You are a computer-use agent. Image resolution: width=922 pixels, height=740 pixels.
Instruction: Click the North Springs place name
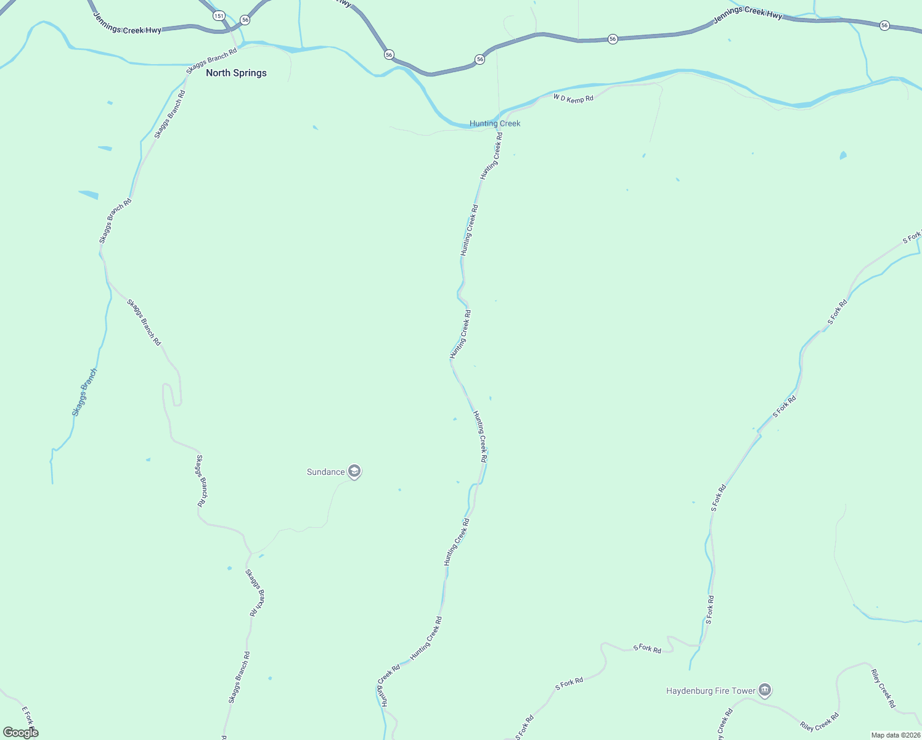(x=236, y=73)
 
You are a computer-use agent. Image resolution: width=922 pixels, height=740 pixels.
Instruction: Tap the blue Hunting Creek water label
(x=495, y=123)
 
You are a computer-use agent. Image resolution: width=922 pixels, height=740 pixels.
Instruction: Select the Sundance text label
(x=326, y=472)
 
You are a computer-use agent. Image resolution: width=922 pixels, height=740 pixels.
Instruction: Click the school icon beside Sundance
(x=354, y=472)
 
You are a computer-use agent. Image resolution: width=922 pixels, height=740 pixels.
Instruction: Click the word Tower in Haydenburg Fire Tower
(x=743, y=691)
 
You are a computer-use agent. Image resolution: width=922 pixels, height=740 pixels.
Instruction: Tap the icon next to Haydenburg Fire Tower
(x=765, y=690)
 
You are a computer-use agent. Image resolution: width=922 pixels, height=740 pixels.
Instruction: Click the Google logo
(x=21, y=733)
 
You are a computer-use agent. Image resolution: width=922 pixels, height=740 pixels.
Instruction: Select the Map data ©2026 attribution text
(x=894, y=735)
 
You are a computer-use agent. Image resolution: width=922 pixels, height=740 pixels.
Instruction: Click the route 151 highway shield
(x=219, y=15)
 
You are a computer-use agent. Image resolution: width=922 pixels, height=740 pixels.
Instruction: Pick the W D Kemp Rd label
(x=573, y=98)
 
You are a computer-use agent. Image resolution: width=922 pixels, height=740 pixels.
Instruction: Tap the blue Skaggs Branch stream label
(x=84, y=393)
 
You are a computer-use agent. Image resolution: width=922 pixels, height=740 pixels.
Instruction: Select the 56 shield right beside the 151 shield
(x=245, y=20)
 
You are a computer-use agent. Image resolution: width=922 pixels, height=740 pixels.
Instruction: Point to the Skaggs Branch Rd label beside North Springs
(x=211, y=59)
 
